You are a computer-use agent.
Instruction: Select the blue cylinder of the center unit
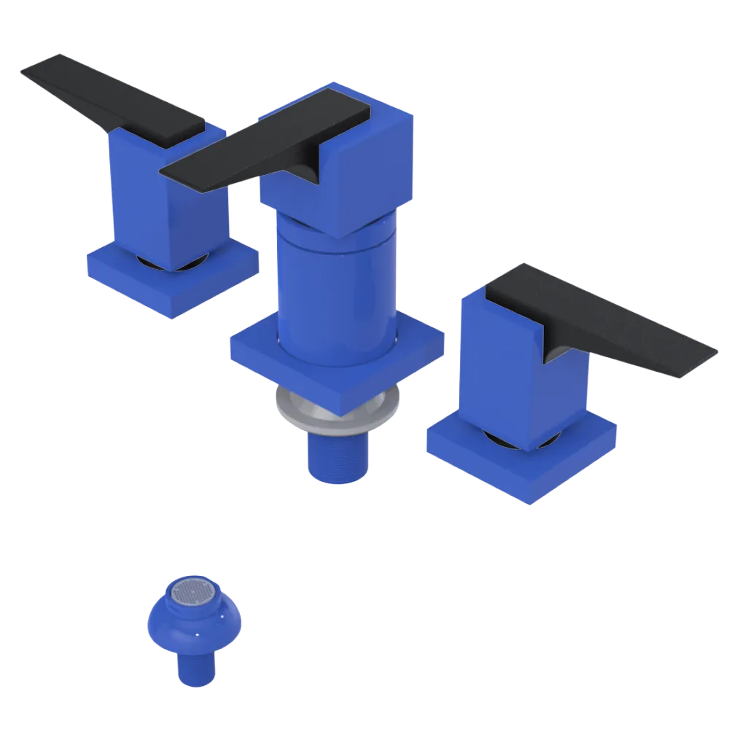tap(335, 292)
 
